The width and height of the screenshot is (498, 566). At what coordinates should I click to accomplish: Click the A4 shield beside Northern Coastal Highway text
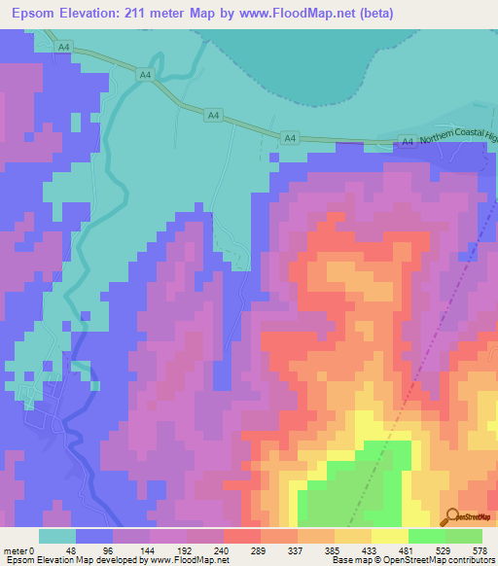coord(408,142)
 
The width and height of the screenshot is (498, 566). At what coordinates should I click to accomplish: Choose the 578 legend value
coord(482,550)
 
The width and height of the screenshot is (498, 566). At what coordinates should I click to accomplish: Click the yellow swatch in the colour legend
coord(390,536)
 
